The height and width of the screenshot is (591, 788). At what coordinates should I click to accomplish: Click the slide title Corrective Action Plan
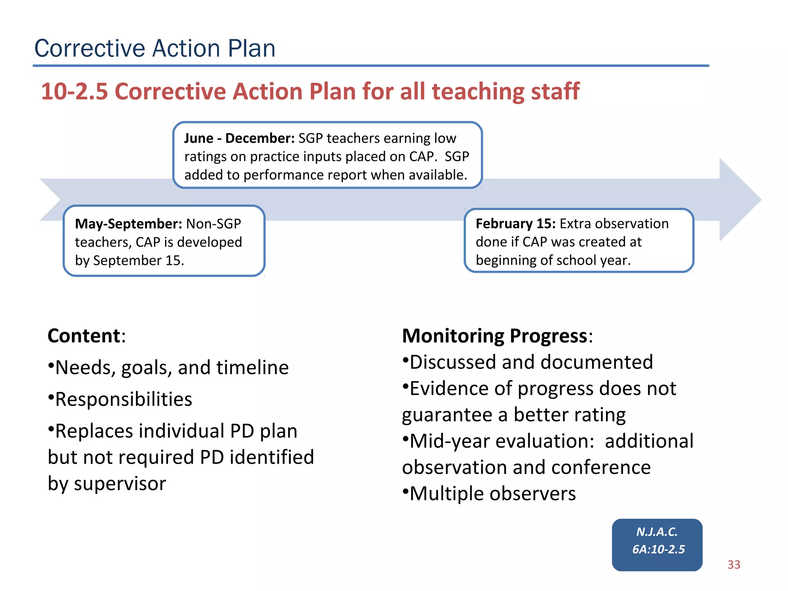click(x=155, y=48)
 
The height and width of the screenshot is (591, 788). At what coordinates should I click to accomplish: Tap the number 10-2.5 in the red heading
click(x=74, y=92)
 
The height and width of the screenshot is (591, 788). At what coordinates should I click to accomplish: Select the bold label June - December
click(x=239, y=138)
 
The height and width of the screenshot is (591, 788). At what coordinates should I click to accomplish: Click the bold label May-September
click(x=128, y=224)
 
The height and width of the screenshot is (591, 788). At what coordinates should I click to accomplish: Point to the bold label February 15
click(x=515, y=224)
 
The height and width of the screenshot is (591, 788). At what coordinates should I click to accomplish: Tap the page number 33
click(x=734, y=564)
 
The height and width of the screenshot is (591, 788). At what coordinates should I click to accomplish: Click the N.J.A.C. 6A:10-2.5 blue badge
click(x=657, y=544)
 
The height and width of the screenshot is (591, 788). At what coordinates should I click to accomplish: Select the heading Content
click(x=84, y=336)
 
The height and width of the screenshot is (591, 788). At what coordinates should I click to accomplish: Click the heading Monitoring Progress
click(x=494, y=336)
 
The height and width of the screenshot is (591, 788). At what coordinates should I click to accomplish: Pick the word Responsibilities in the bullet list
click(x=124, y=399)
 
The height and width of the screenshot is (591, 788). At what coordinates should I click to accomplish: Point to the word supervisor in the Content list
click(x=120, y=483)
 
